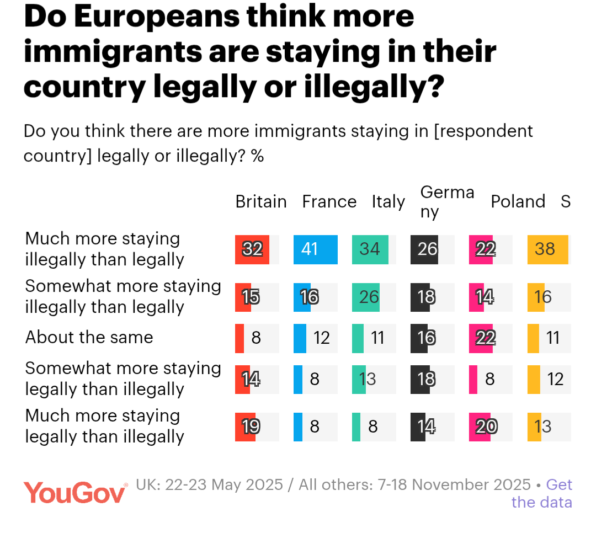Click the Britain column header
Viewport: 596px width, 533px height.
tap(261, 202)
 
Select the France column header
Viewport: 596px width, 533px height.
tap(329, 202)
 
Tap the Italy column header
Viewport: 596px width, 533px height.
tap(388, 202)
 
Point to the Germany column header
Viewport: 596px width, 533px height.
tap(447, 201)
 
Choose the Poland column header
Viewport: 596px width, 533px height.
tap(518, 202)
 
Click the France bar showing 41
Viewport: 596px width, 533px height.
tap(315, 249)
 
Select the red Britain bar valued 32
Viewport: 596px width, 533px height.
tap(252, 249)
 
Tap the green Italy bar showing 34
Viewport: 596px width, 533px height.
tap(370, 249)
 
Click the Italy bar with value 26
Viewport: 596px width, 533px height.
tap(369, 297)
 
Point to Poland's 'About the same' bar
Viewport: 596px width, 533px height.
tap(481, 338)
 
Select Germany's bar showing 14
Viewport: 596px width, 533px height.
tap(418, 427)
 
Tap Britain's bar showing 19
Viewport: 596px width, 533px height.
tap(246, 427)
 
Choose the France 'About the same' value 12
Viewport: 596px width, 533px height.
tap(322, 338)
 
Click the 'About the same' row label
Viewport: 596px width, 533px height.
tap(89, 337)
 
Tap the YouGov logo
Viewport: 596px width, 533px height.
tap(75, 492)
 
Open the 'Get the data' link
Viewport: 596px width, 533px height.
tap(542, 493)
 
